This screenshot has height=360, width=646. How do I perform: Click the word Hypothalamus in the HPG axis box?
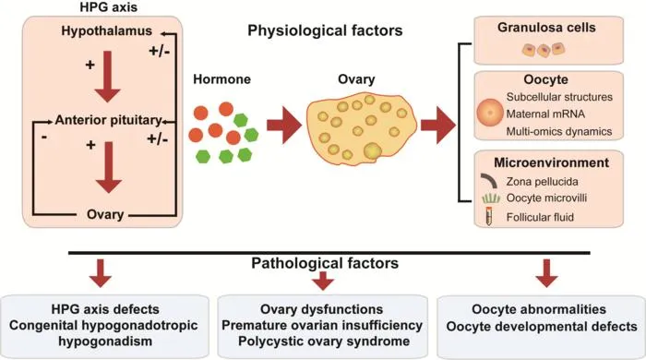click(x=107, y=30)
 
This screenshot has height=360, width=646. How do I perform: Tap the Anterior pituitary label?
click(x=108, y=120)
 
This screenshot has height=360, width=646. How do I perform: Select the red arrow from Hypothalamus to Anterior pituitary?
click(x=108, y=77)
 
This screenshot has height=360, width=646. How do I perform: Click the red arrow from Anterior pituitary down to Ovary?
click(x=109, y=167)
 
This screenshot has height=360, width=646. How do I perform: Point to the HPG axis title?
click(x=109, y=7)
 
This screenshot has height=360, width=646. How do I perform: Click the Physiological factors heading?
click(x=325, y=30)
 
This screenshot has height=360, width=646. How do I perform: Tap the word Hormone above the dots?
click(x=222, y=79)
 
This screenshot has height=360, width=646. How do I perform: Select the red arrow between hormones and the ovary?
click(x=284, y=125)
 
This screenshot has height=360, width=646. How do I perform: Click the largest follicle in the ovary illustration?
click(x=372, y=151)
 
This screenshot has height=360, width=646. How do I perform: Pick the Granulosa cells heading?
click(x=546, y=28)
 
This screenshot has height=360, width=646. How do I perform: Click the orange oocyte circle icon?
click(x=490, y=113)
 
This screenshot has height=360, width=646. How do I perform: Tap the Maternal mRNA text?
click(x=545, y=114)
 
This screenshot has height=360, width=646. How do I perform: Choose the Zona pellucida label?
click(x=543, y=182)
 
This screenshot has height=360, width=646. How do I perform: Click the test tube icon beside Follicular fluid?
click(x=489, y=216)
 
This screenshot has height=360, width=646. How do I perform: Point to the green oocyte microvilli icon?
click(x=491, y=198)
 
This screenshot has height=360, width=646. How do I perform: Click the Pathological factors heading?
click(x=325, y=263)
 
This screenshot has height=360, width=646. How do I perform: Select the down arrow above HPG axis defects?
click(x=101, y=273)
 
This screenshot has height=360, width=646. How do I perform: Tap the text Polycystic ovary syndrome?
click(x=324, y=342)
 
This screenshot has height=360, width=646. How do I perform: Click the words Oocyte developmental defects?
click(x=542, y=327)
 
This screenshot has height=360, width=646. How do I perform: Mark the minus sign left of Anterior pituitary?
click(x=44, y=137)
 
